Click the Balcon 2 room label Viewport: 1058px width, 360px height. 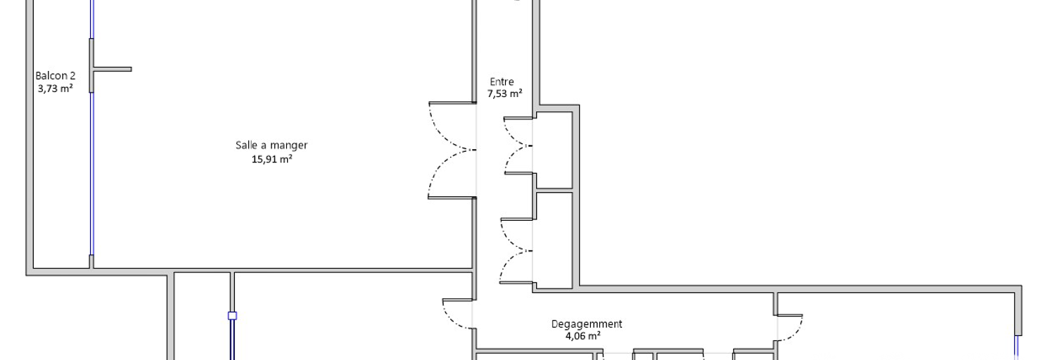click(56, 75)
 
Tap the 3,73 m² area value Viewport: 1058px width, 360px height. click(56, 88)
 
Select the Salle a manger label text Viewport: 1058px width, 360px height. click(272, 146)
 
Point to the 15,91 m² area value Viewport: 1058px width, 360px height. click(272, 159)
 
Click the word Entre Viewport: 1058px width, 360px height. click(502, 82)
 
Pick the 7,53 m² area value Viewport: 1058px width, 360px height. click(505, 94)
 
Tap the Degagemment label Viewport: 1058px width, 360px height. click(587, 324)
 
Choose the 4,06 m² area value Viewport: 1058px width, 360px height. click(583, 336)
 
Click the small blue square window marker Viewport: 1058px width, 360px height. click(232, 316)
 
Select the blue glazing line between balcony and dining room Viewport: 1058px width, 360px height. click(91, 174)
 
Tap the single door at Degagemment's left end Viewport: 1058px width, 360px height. click(457, 314)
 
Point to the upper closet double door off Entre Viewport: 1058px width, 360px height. click(518, 146)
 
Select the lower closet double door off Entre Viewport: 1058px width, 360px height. click(516, 251)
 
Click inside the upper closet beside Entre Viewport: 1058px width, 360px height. click(554, 150)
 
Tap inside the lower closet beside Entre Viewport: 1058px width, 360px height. click(554, 240)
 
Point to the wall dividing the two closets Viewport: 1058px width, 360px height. click(554, 190)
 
